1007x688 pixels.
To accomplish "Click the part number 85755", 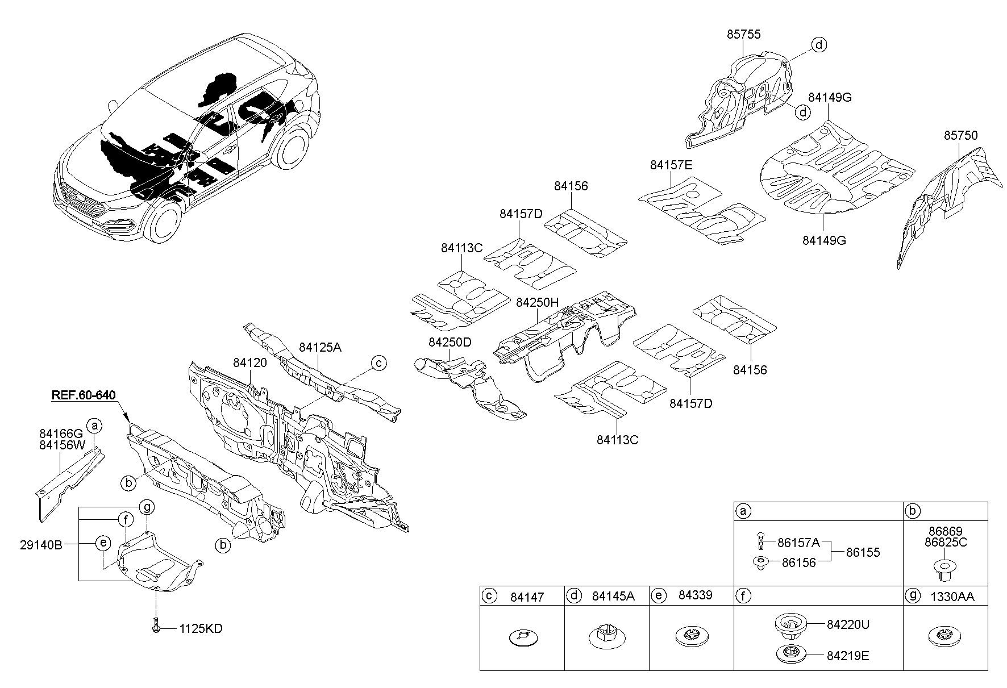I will (743, 35).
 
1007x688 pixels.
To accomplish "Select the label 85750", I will (961, 136).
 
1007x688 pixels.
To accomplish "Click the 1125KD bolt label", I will (201, 629).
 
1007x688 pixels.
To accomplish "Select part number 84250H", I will (538, 303).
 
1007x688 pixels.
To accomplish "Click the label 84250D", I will (450, 343).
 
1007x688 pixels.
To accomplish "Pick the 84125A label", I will (320, 347).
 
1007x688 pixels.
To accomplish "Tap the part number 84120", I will (249, 362).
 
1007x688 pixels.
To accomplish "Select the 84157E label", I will (671, 165).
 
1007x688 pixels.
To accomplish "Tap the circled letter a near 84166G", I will (95, 425).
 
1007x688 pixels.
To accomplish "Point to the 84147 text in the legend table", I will (527, 597).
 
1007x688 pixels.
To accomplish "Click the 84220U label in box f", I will (848, 625).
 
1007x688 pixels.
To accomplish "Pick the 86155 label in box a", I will (863, 552).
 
